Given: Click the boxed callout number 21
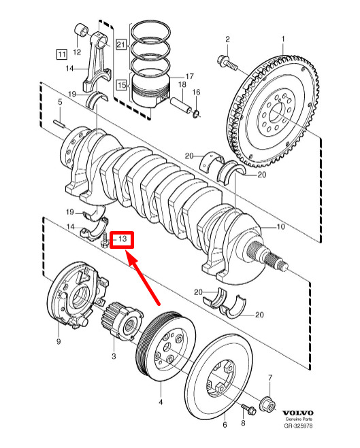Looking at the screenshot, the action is pyautogui.click(x=121, y=44).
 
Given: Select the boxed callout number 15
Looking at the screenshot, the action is pyautogui.click(x=122, y=85).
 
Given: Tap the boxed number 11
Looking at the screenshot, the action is pyautogui.click(x=62, y=54).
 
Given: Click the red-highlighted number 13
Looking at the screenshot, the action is pyautogui.click(x=122, y=239).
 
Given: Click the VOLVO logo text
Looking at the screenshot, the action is pyautogui.click(x=297, y=413).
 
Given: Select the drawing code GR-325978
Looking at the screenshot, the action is pyautogui.click(x=298, y=426).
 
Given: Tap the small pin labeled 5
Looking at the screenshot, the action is pyautogui.click(x=60, y=124).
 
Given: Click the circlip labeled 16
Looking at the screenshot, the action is pyautogui.click(x=196, y=114).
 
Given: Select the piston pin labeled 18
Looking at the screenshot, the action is pyautogui.click(x=181, y=105).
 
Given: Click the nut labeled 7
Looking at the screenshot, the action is pyautogui.click(x=268, y=404).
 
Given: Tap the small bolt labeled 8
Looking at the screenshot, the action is pyautogui.click(x=249, y=409).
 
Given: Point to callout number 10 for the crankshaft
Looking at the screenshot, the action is pyautogui.click(x=281, y=226).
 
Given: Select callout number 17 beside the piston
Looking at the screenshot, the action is pyautogui.click(x=189, y=76).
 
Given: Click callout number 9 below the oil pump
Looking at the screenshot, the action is pyautogui.click(x=59, y=341).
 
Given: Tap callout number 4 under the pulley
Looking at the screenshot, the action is pyautogui.click(x=161, y=402).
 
